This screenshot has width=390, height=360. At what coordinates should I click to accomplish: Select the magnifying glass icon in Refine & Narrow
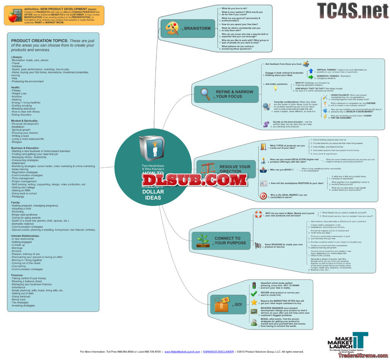tap(206, 94)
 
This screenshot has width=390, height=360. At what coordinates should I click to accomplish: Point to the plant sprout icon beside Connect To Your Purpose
tap(203, 241)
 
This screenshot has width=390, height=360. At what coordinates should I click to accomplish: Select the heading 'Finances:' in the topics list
tap(18, 275)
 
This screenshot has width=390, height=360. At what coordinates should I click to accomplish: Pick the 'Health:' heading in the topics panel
tap(16, 87)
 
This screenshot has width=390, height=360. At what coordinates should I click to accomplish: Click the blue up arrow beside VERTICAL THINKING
tap(311, 71)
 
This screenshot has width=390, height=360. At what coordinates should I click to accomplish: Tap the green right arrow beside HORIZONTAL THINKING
tap(311, 77)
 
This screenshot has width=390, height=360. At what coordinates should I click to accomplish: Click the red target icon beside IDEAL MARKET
tap(263, 196)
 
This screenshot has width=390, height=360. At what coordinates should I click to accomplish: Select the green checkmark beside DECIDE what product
tap(254, 293)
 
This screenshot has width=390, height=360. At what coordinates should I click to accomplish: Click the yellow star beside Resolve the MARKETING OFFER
tap(254, 303)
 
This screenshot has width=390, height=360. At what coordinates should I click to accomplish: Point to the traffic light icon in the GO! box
tap(254, 285)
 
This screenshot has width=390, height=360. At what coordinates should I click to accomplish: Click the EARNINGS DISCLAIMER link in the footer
tap(218, 352)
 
